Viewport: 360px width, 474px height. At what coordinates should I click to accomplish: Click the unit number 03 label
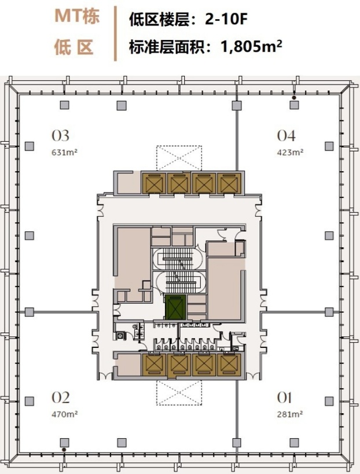click(60, 136)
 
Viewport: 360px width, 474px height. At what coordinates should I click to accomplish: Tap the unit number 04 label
click(286, 136)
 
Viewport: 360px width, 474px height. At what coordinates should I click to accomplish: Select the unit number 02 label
click(60, 398)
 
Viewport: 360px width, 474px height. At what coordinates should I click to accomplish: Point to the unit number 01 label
click(284, 398)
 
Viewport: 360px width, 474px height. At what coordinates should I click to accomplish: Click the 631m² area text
click(65, 152)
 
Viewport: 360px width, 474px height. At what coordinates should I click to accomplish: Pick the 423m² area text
click(290, 152)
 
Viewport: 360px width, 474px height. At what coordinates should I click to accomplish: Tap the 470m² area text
click(65, 414)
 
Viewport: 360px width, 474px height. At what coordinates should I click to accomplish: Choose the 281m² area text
click(290, 414)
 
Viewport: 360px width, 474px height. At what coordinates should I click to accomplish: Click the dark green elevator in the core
click(175, 307)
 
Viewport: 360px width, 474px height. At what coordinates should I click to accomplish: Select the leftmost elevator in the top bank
click(154, 183)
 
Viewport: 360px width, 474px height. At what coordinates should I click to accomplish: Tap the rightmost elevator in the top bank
click(229, 183)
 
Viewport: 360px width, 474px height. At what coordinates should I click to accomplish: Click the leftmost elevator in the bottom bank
click(154, 364)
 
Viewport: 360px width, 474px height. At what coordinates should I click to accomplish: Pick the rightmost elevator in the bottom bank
click(229, 364)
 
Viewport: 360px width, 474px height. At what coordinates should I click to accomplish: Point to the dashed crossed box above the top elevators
click(179, 158)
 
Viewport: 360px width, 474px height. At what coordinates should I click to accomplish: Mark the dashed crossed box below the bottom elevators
click(179, 392)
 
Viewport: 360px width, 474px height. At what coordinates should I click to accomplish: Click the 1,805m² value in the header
click(252, 46)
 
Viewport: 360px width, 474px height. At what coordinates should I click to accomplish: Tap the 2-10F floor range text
click(226, 20)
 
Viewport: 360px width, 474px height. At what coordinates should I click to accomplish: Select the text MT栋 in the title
click(77, 16)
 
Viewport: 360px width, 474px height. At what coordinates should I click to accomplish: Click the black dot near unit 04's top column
click(293, 98)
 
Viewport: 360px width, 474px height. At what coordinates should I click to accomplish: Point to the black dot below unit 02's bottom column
click(64, 450)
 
